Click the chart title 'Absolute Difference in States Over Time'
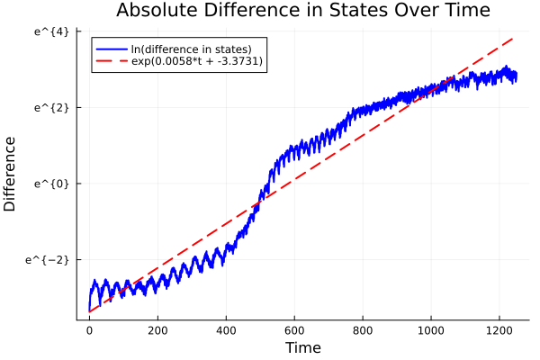302,12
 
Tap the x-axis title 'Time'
302,347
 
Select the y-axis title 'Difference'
10,174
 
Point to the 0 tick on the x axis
89,330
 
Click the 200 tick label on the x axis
157,330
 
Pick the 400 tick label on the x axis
226,330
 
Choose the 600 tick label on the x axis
294,330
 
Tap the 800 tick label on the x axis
363,330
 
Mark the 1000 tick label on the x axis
431,330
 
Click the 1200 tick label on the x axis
499,330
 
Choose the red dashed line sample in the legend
111,61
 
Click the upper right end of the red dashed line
514,39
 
